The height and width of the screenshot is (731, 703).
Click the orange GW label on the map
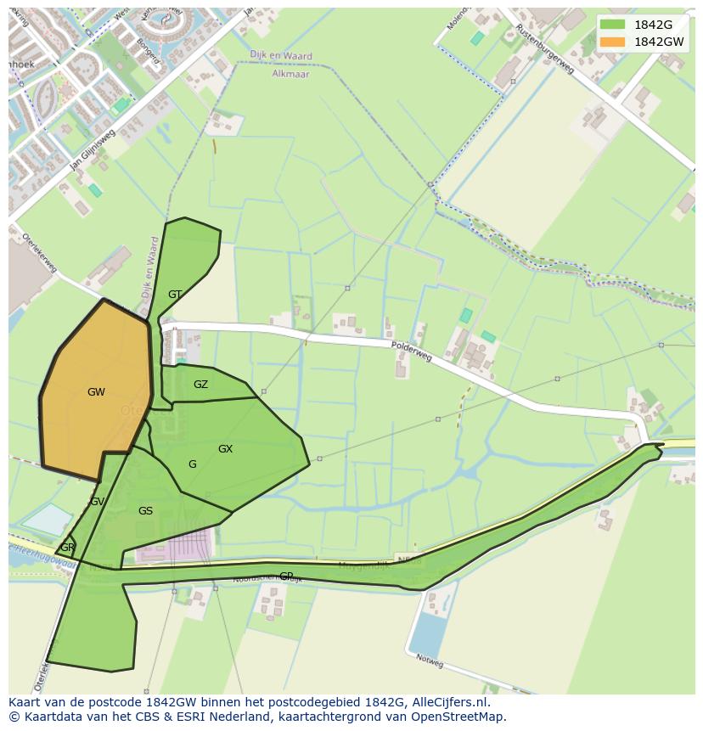click(96, 392)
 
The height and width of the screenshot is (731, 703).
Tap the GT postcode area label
click(175, 295)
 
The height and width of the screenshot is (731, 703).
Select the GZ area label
click(200, 385)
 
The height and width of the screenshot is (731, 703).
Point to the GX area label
click(225, 449)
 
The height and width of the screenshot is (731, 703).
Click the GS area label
click(145, 511)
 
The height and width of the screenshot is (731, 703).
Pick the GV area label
click(97, 502)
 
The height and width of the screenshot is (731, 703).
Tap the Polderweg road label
click(412, 351)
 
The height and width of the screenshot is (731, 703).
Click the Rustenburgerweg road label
click(545, 48)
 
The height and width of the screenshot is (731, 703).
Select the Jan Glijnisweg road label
click(93, 150)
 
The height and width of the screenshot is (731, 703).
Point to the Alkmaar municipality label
click(291, 74)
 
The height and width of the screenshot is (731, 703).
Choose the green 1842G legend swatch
click(612, 25)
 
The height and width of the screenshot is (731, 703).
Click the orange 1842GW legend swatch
click(612, 42)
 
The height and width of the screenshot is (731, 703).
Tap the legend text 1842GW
click(659, 42)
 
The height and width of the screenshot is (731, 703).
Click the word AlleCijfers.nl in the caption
click(452, 702)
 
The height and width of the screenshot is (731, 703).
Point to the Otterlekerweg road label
click(39, 252)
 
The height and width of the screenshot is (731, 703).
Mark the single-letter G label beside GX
click(193, 464)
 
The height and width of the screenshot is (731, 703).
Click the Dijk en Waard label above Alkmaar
click(281, 56)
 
